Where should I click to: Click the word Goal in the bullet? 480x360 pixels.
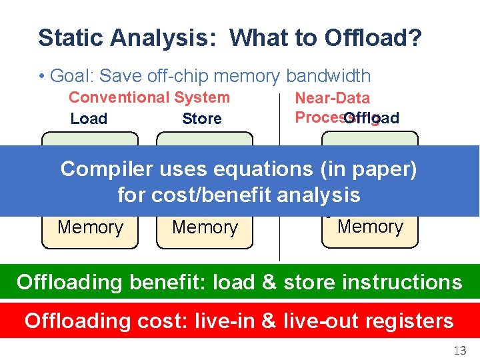(x=69, y=77)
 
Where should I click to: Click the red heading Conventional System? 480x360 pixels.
(x=149, y=97)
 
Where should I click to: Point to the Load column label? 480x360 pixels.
(x=89, y=119)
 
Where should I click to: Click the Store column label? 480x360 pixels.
(x=201, y=119)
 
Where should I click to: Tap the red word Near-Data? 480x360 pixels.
(x=332, y=98)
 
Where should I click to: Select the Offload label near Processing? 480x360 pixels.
(x=372, y=118)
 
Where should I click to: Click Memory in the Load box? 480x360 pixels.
(x=90, y=227)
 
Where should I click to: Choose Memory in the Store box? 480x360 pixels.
(x=205, y=227)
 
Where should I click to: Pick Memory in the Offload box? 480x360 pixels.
(x=370, y=227)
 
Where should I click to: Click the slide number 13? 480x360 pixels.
(x=459, y=350)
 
